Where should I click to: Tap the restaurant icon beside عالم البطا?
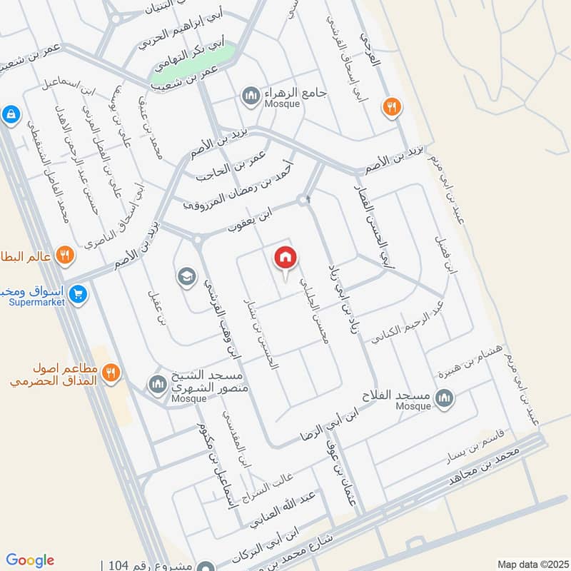(65, 254)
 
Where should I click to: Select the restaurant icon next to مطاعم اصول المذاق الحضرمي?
(110, 372)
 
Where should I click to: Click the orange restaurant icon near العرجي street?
(390, 107)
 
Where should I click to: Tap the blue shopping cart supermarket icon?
(79, 292)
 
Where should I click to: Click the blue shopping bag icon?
(10, 113)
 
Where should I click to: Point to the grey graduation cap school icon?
(187, 278)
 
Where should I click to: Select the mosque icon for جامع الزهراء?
(250, 96)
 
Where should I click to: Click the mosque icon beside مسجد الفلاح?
(445, 397)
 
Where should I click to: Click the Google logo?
(30, 560)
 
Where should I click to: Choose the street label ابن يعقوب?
(251, 218)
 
